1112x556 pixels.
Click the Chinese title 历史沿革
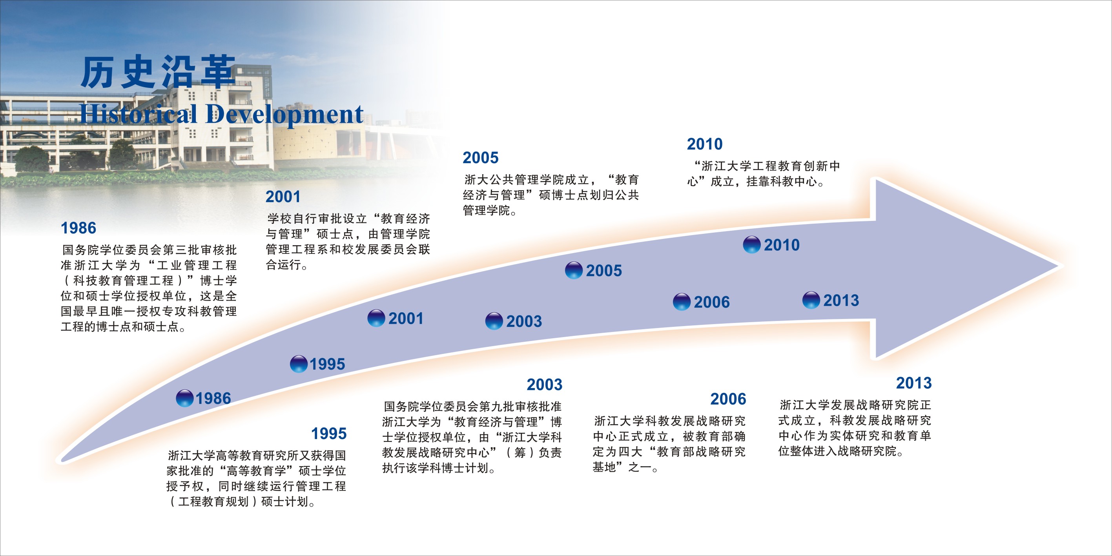coord(158,72)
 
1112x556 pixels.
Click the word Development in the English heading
coord(284,115)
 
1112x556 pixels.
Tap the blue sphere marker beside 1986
coord(185,398)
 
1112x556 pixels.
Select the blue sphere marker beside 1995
coord(299,364)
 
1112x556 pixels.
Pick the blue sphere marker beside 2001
coord(376,318)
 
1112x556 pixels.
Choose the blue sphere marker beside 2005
coord(574,271)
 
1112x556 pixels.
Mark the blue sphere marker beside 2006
coord(682,302)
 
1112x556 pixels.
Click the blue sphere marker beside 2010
coord(751,245)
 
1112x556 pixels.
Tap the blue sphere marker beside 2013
coord(811,300)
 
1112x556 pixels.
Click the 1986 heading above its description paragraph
coord(78,228)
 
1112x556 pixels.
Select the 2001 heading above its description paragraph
coord(283,197)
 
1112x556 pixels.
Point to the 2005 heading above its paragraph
coord(480,158)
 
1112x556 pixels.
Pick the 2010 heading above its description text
coord(704,144)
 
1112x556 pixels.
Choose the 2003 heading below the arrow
coord(544,385)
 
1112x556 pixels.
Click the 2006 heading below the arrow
coord(728,399)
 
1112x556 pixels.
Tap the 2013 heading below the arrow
coord(914,383)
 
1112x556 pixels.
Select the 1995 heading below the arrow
coord(329,434)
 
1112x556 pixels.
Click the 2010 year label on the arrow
coord(782,245)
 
